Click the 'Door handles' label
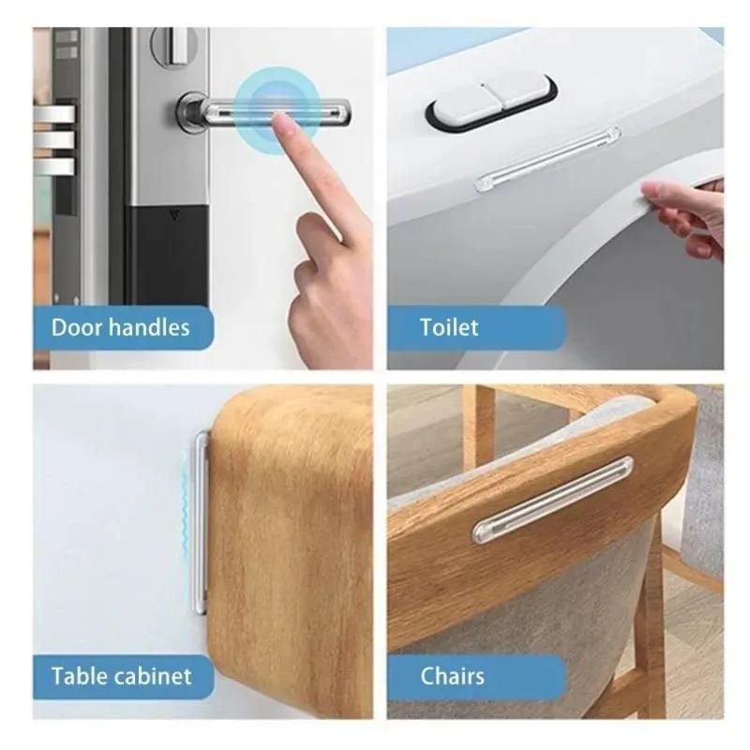120,327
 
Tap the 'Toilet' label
449,327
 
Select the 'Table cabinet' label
122,675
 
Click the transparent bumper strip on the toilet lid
547,160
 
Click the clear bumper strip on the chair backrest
553,498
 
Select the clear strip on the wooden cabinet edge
201,521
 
